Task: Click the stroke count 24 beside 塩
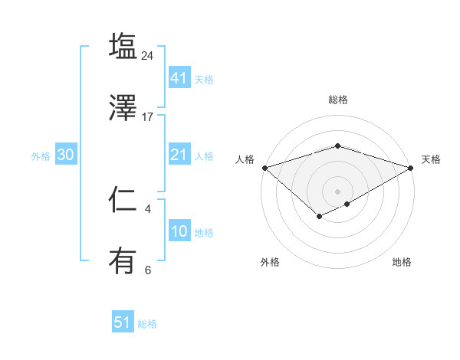tap(148, 56)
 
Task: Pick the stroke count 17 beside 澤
tap(148, 117)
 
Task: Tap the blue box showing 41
tap(179, 77)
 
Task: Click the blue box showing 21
tap(179, 155)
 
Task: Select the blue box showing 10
tap(179, 231)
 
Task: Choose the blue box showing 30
tap(66, 155)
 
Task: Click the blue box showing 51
tap(123, 322)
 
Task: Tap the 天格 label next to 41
tap(204, 79)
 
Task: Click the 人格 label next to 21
tap(204, 156)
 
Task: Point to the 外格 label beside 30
tap(41, 155)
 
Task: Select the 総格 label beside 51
tap(147, 324)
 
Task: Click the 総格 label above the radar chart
tap(338, 100)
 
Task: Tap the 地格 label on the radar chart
tap(402, 263)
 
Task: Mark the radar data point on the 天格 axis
tap(412, 168)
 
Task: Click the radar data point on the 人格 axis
tap(264, 168)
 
